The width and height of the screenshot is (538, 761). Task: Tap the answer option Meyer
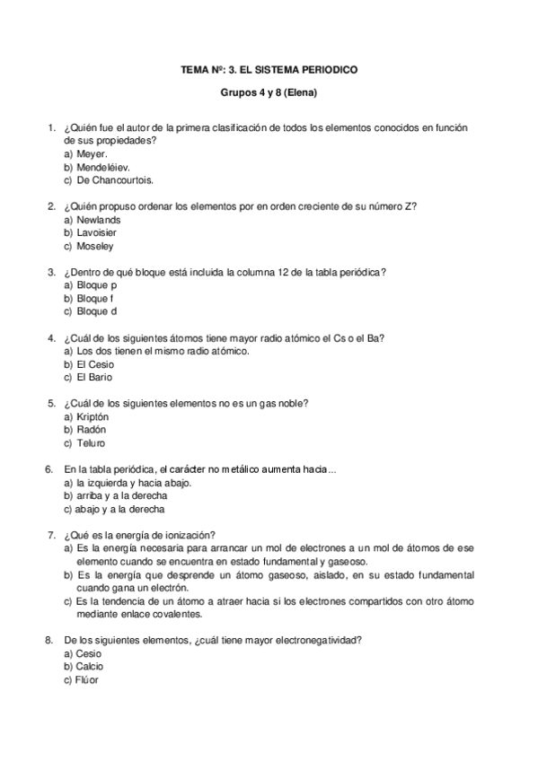click(x=92, y=153)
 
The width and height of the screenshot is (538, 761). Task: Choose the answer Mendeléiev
click(x=103, y=167)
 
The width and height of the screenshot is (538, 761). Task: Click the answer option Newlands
click(x=99, y=219)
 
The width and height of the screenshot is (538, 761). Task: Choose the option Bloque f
click(x=95, y=298)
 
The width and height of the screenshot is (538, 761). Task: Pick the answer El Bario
click(x=94, y=377)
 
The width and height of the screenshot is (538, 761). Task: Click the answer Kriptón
click(x=93, y=416)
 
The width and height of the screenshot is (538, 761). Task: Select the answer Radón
click(x=92, y=430)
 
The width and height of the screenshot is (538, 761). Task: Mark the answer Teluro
click(x=91, y=442)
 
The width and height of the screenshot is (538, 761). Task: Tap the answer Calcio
click(x=90, y=666)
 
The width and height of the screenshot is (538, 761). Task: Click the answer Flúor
click(x=88, y=679)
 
